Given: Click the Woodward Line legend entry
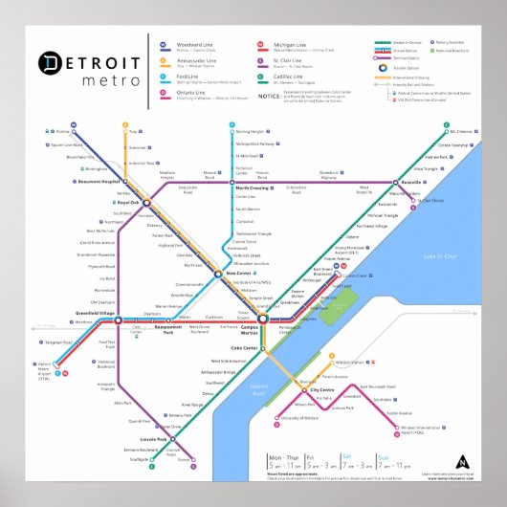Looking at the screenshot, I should point(189,44).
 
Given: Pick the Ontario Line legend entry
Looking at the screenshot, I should point(188,93).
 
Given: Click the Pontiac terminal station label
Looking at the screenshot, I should point(64,130).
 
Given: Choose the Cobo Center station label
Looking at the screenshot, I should point(247,347).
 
